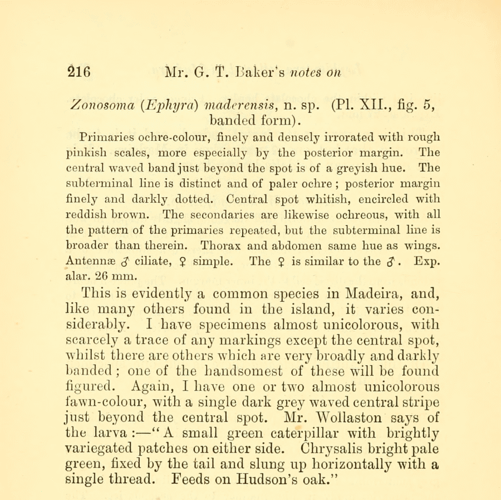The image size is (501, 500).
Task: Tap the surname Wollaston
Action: pyautogui.click(x=352, y=417)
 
